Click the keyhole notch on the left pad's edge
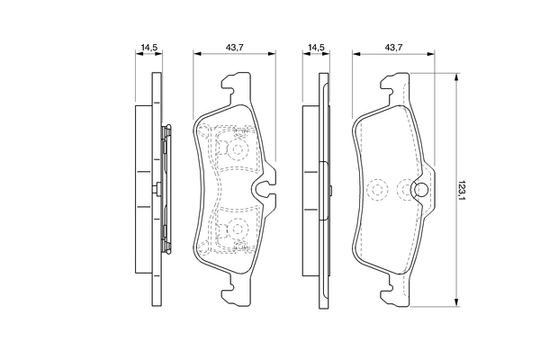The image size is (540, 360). pyautogui.click(x=265, y=189)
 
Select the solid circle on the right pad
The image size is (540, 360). pyautogui.click(x=419, y=190)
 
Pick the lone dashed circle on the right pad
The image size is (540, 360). pyautogui.click(x=378, y=189)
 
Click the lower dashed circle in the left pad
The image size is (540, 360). pyautogui.click(x=238, y=229)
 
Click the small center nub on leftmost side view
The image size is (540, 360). pyautogui.click(x=157, y=189)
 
